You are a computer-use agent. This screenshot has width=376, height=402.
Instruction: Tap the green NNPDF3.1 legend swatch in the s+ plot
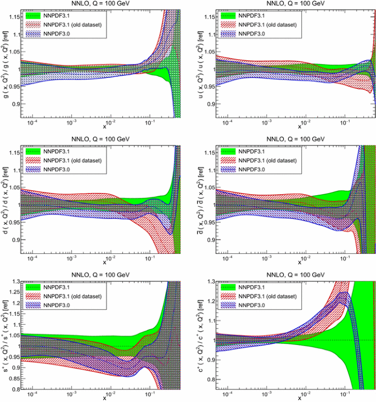(x=34, y=287)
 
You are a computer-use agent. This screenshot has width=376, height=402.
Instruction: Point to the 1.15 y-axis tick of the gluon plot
(x=13, y=17)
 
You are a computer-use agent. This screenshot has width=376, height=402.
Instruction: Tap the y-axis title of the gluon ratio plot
(x=5, y=61)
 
